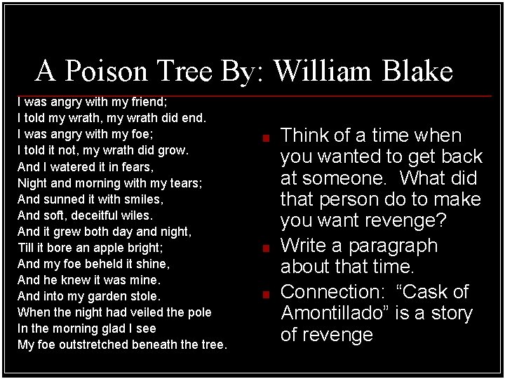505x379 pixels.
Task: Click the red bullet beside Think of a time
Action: [267, 138]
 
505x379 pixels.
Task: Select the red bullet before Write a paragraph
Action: [267, 248]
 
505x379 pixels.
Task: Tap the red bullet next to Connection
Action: [267, 293]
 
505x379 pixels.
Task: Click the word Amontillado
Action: [335, 313]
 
